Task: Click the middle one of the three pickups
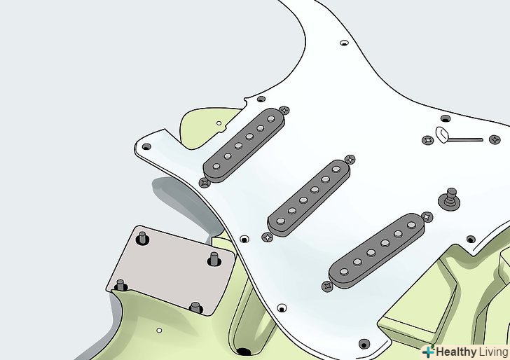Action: pos(308,198)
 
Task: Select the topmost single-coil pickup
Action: pos(244,145)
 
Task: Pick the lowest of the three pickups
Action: pos(376,251)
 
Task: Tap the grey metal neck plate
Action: pos(171,270)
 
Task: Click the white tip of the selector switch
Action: pos(441,135)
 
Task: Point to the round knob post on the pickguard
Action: pos(450,198)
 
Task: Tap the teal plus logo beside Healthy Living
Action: pos(428,352)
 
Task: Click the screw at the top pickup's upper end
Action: pos(284,110)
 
